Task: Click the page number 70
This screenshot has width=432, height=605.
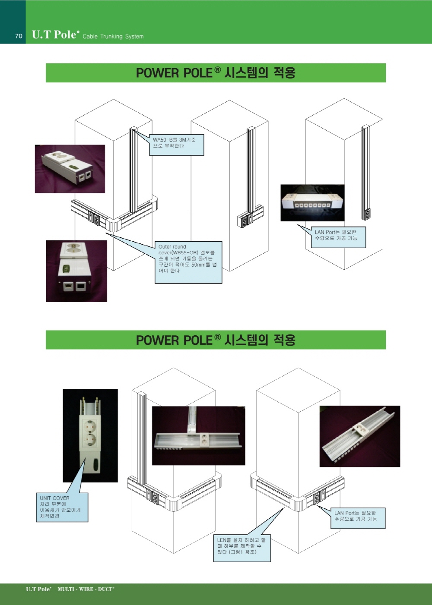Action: click(x=19, y=36)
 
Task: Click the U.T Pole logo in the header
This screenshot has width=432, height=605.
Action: click(x=55, y=35)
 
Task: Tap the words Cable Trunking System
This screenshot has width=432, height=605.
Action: click(x=113, y=36)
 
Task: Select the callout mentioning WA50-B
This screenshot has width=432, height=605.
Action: click(x=177, y=145)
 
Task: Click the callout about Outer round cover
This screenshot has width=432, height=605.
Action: click(x=188, y=262)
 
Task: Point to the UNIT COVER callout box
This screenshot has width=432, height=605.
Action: click(x=62, y=507)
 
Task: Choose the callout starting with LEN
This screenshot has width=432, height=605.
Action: click(x=242, y=548)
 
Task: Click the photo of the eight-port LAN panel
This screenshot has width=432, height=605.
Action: click(x=312, y=203)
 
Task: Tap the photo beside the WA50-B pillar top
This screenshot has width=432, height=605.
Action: click(x=70, y=169)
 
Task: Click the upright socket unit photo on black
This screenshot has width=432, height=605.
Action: click(x=90, y=436)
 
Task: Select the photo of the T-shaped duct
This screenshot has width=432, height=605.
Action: click(x=198, y=436)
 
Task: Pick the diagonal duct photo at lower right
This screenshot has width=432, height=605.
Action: click(x=360, y=436)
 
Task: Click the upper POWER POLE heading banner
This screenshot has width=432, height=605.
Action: click(x=216, y=73)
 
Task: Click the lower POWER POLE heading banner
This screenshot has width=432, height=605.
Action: click(x=216, y=340)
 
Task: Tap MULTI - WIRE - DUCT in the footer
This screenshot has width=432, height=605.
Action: click(x=86, y=589)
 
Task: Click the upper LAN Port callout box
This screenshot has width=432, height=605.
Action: click(x=338, y=237)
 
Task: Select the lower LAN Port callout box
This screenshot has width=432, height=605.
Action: click(x=358, y=518)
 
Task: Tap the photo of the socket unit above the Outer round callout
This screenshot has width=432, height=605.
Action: click(x=76, y=271)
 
